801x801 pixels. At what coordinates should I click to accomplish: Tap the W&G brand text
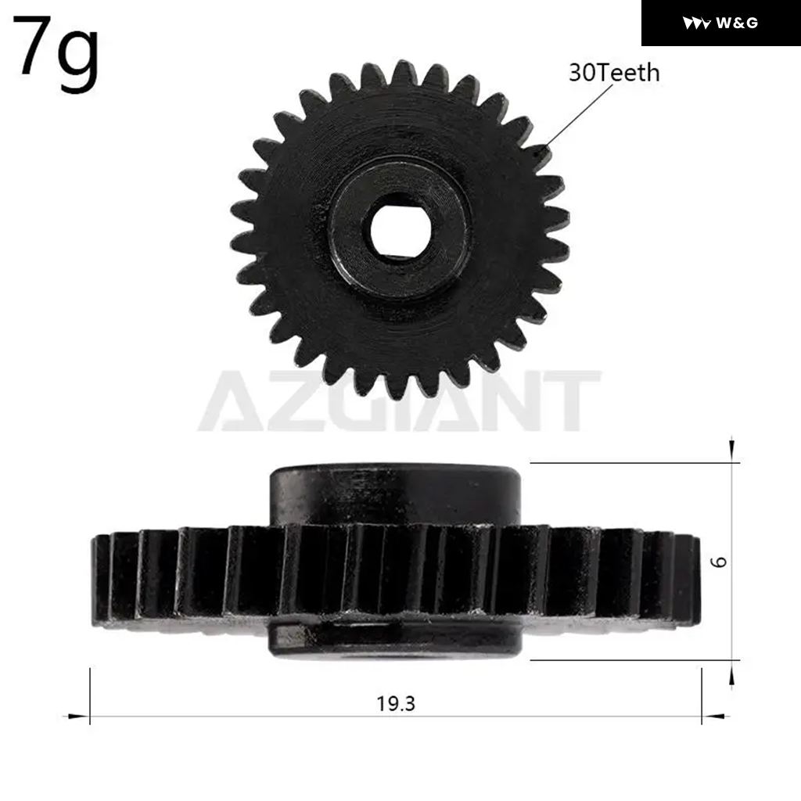tap(737, 23)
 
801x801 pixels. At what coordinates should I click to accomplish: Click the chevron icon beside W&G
tap(696, 23)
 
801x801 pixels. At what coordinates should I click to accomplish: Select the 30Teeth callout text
tap(614, 73)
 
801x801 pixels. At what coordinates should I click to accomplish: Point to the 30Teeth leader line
tap(577, 117)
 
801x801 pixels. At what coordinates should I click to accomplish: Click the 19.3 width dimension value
tap(396, 704)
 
